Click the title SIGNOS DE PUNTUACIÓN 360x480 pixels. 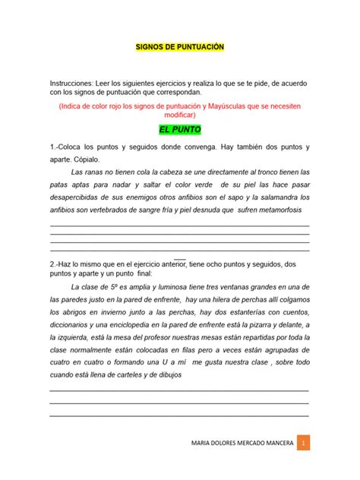click(179, 48)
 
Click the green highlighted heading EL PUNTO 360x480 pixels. click(179, 129)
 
